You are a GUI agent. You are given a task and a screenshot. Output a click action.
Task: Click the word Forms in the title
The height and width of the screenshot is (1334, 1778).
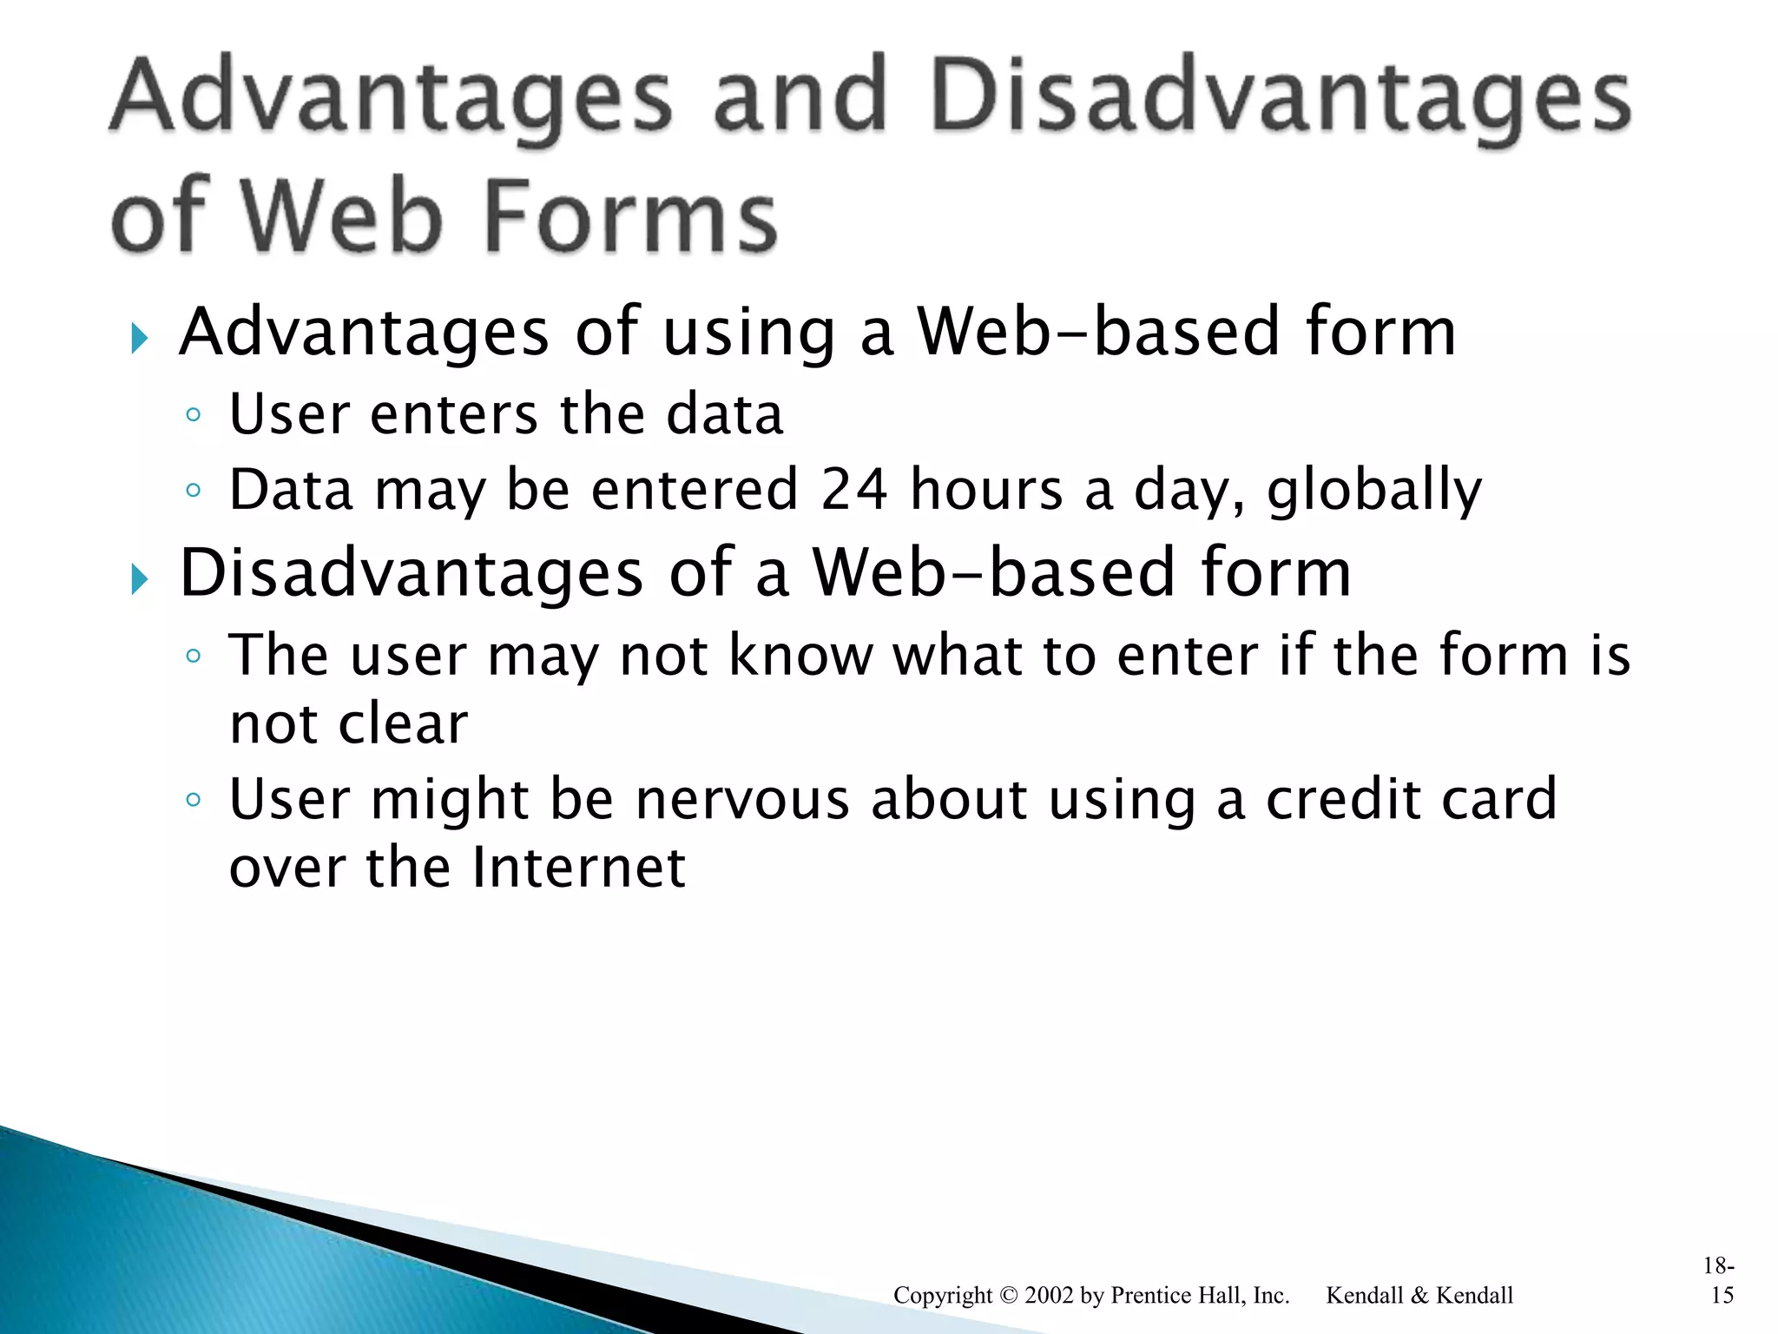[x=629, y=216]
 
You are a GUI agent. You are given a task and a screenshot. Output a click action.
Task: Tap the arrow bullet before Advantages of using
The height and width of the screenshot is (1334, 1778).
[x=139, y=338]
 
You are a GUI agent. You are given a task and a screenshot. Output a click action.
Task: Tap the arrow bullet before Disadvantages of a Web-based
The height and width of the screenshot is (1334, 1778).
[x=139, y=578]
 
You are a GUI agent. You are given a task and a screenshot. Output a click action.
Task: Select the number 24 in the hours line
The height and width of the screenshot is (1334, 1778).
[x=854, y=489]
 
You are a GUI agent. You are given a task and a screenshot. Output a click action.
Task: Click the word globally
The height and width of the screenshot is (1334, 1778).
[x=1374, y=491]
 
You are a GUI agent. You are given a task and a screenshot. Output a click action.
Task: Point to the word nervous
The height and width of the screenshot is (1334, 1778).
[x=742, y=799]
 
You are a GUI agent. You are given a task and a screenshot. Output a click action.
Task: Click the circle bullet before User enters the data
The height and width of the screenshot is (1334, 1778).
[x=194, y=415]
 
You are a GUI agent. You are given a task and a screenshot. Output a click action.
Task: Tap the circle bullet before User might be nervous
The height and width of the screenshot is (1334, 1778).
[x=194, y=799]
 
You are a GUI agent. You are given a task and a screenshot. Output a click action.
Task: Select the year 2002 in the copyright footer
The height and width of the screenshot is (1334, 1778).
[x=1049, y=1295]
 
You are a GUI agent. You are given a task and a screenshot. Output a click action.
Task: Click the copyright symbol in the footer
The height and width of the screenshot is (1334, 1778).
[x=1008, y=1295]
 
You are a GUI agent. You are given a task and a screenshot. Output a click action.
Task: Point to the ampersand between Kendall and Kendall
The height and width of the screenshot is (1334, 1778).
[x=1419, y=1295]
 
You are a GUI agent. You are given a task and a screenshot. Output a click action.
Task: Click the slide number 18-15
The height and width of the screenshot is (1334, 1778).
[x=1720, y=1281]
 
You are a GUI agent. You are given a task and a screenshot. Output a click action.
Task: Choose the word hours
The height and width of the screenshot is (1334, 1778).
[x=986, y=489]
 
